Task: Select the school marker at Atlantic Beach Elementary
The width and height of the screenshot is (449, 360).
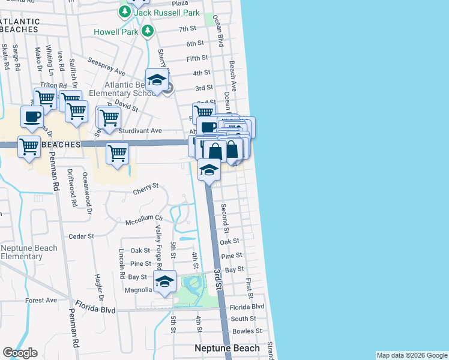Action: coord(157,80)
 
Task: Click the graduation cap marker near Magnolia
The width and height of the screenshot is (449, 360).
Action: coord(164,281)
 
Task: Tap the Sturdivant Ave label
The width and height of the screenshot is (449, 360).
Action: coord(142,130)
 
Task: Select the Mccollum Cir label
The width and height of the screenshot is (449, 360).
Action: coord(144,218)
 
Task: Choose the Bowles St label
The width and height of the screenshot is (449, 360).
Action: coord(247,331)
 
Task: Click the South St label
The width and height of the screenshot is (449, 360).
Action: coord(243,319)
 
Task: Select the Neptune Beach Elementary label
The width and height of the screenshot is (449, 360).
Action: coord(29,252)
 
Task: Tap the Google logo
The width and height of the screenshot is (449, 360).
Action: coord(20,353)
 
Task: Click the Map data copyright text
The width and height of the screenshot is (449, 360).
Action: coord(412,355)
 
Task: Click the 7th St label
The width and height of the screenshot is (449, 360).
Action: coord(187,29)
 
